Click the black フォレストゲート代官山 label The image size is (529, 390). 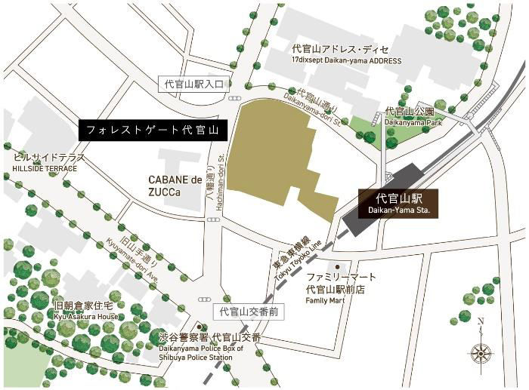pyautogui.click(x=152, y=130)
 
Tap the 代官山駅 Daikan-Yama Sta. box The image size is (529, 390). pyautogui.click(x=398, y=204)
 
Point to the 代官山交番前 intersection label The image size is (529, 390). pyautogui.click(x=249, y=311)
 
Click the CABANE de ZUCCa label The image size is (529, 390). pyautogui.click(x=176, y=186)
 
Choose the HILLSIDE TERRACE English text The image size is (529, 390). pyautogui.click(x=45, y=168)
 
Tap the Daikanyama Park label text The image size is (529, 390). pyautogui.click(x=413, y=121)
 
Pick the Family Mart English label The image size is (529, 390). pyautogui.click(x=325, y=300)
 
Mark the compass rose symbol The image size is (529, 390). pyautogui.click(x=481, y=352)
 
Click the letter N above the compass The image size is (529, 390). pyautogui.click(x=481, y=322)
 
